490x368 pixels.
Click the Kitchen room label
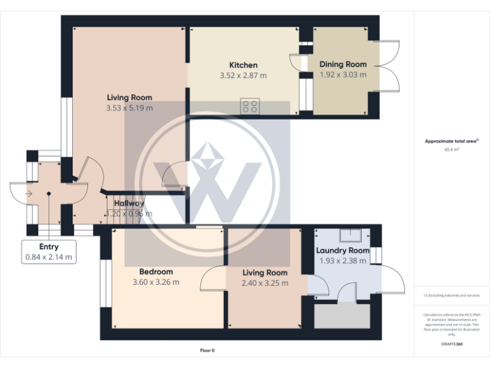click(243, 65)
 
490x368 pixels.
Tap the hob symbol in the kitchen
click(249, 105)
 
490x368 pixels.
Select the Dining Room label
click(343, 65)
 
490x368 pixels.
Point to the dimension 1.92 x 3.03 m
click(343, 75)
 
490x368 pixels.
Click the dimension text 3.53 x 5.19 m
click(130, 108)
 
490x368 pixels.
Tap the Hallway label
click(129, 204)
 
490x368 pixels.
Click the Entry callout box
click(48, 252)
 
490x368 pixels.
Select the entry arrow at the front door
click(29, 192)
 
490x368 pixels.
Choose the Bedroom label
click(156, 272)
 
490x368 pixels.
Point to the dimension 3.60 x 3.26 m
click(156, 282)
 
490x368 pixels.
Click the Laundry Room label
click(343, 250)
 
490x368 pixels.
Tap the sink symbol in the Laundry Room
click(351, 234)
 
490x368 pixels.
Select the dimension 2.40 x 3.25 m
click(265, 283)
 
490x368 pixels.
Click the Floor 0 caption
click(207, 351)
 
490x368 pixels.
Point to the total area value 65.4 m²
click(452, 149)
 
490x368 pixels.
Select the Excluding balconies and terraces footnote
click(452, 295)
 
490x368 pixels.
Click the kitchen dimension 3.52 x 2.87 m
click(243, 75)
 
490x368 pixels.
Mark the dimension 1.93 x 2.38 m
click(343, 261)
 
